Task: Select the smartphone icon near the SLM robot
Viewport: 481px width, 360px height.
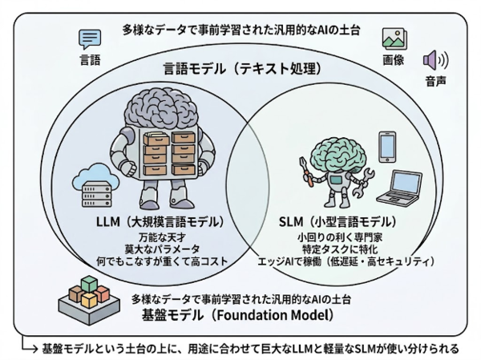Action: (387, 147)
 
